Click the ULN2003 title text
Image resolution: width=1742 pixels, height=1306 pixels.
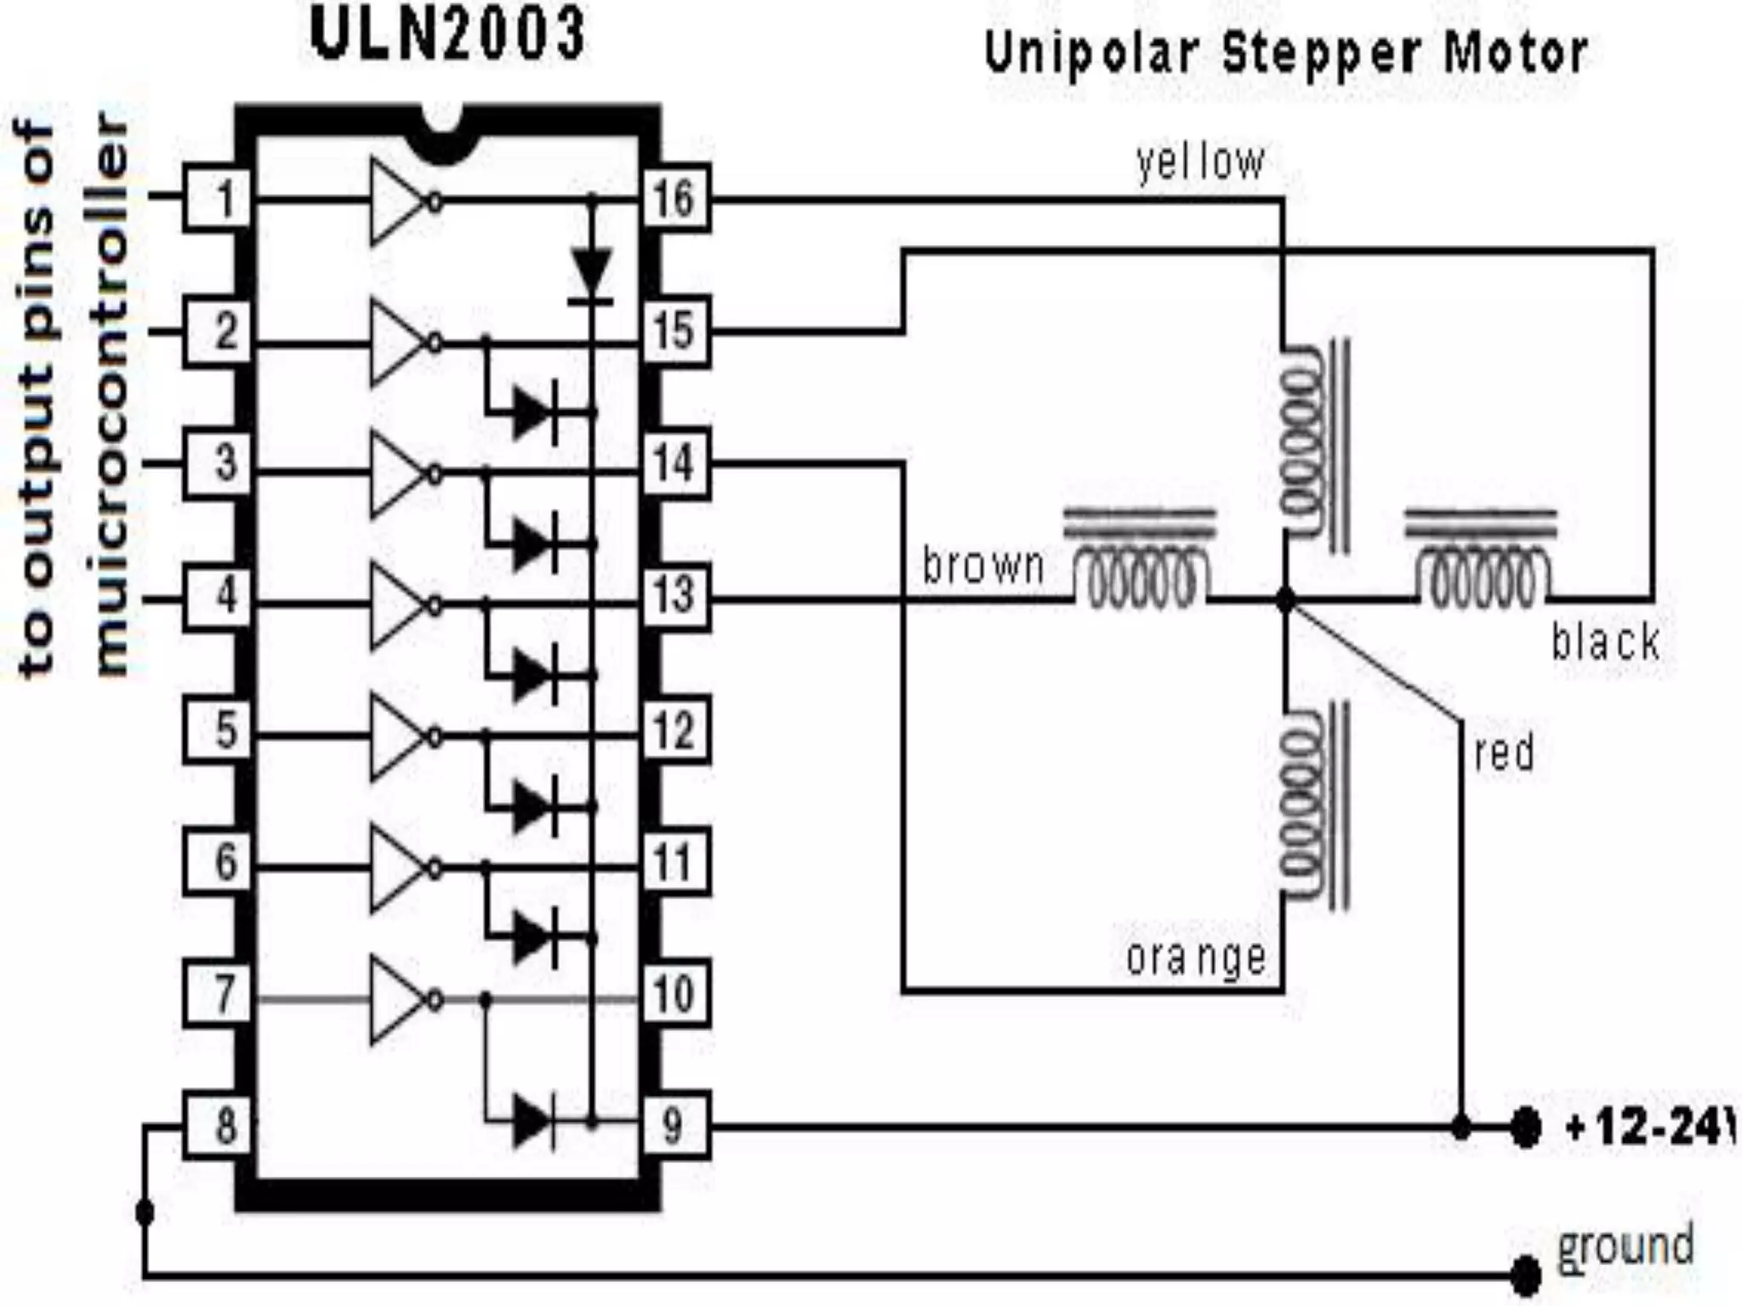coord(448,36)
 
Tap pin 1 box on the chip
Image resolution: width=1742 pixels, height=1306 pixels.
coord(218,200)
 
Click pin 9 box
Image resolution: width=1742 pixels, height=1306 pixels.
coord(675,1127)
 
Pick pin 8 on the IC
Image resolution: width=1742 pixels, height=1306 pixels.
coord(219,1127)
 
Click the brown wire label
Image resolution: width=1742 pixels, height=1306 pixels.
coord(983,565)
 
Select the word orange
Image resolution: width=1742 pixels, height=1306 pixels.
coord(1195,958)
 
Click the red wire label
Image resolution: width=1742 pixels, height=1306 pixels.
coord(1504,753)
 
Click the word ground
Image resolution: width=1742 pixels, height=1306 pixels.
coord(1625,1246)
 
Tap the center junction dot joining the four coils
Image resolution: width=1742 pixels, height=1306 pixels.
coord(1285,600)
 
